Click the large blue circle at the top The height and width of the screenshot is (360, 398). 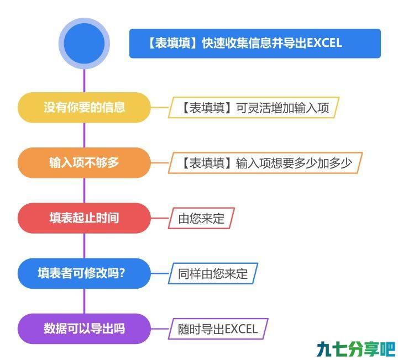coord(84,44)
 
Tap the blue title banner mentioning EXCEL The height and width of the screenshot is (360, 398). coord(255,44)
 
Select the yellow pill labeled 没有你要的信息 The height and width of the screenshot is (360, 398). coord(84,108)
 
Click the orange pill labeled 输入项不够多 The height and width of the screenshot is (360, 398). coord(84,163)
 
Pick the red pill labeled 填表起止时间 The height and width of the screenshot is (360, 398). coord(84,218)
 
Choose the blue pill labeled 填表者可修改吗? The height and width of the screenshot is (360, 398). coord(84,273)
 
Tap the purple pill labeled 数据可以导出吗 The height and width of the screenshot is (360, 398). coord(84,329)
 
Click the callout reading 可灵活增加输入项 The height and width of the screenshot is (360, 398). coord(254,108)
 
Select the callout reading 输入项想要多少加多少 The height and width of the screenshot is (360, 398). coord(265,163)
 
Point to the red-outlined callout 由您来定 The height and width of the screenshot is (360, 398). coord(201,218)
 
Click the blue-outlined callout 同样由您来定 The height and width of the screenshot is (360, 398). coord(213,273)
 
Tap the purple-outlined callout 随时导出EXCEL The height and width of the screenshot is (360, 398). coord(218,329)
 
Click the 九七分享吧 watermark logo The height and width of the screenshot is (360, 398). coord(356,349)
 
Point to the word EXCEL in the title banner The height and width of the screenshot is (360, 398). coord(324,43)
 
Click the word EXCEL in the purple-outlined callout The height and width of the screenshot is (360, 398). coord(241,329)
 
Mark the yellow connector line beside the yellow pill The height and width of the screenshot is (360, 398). coord(160,108)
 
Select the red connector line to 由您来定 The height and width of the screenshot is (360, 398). coord(160,218)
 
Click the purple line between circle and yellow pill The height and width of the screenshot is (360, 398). coord(84,81)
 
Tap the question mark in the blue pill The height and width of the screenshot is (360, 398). coord(122,273)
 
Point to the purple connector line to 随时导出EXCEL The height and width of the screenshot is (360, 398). coord(160,329)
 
